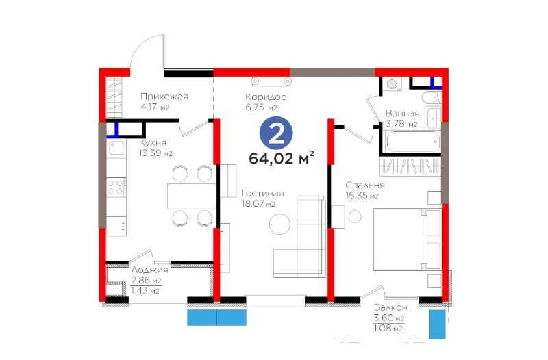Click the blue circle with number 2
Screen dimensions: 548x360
pos(276,133)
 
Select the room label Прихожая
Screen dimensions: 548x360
pos(164,97)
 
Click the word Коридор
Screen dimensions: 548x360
pos(266,97)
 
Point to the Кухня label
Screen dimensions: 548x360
pos(153,142)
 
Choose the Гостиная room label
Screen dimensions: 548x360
pos(263,193)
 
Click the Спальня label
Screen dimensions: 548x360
pos(365,185)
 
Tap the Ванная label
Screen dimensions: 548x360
pos(403,114)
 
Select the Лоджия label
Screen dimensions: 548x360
pos(149,270)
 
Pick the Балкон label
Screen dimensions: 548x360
pos(390,307)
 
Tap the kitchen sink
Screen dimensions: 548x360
pos(116,149)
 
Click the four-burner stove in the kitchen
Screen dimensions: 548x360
pos(116,187)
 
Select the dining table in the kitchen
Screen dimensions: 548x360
pos(192,196)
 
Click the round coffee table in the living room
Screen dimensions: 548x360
pos(279,224)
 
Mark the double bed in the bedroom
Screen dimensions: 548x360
pos(407,239)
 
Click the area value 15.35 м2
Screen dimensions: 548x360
pos(362,196)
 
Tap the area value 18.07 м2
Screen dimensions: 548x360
pos(259,203)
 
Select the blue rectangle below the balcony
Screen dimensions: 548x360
pos(438,324)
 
